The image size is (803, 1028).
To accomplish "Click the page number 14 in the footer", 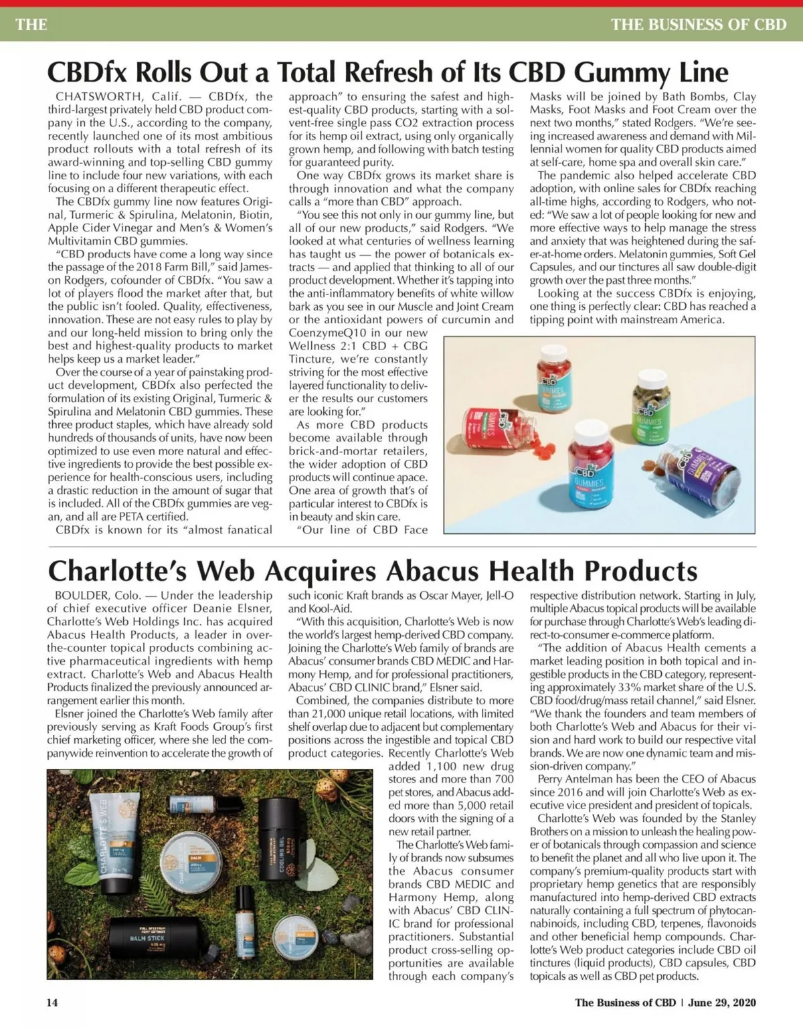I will [52, 1003].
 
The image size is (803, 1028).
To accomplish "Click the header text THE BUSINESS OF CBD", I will [699, 25].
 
